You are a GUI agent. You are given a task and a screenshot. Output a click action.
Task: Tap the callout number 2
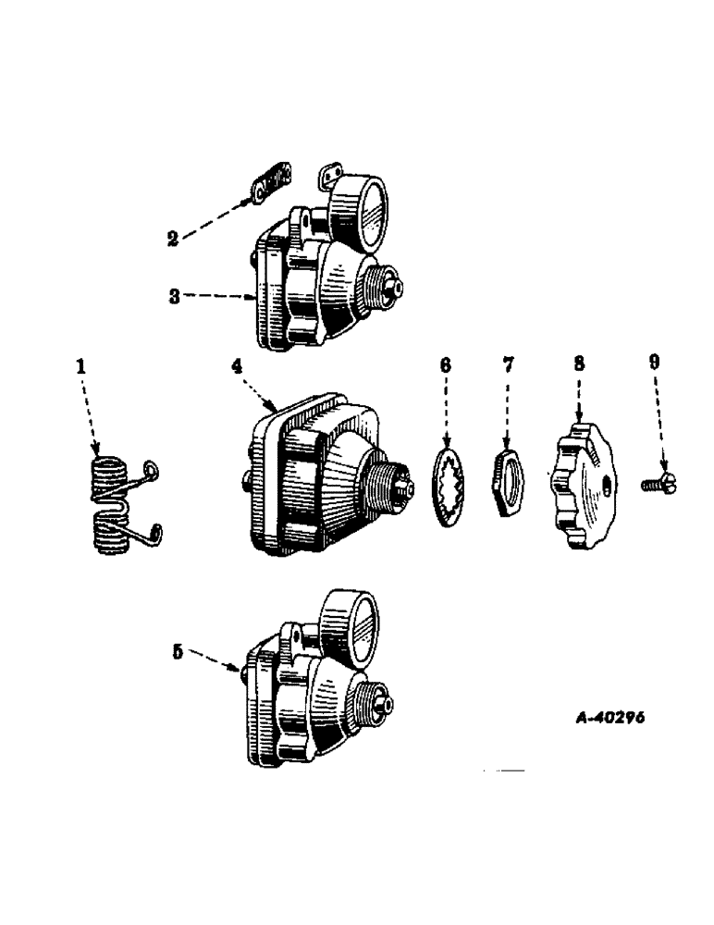coord(171,239)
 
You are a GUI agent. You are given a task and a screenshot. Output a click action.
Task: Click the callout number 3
coord(173,297)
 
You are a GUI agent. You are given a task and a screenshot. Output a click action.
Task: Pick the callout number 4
coord(239,366)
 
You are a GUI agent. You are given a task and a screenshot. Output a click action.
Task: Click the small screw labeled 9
coord(659,482)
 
